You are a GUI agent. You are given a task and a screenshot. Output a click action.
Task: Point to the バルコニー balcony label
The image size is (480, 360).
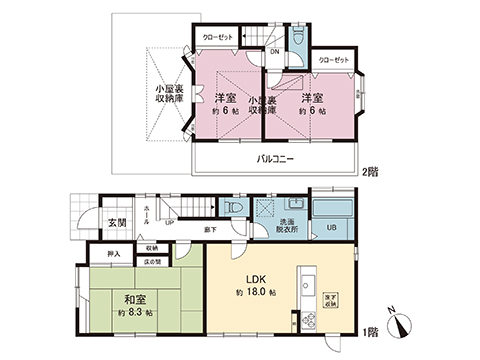(x=273, y=160)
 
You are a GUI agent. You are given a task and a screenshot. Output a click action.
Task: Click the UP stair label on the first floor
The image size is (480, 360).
(x=169, y=223)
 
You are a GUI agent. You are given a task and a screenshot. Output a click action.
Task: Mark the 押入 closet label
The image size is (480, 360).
(x=113, y=254)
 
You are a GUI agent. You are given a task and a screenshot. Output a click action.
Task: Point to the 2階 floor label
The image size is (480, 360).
(x=369, y=171)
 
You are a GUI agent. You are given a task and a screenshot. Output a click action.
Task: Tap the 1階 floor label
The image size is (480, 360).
(x=370, y=331)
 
